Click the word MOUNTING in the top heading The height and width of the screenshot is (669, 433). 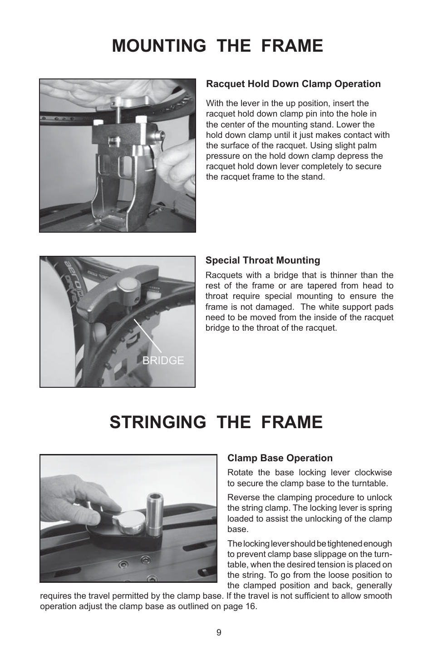(x=159, y=46)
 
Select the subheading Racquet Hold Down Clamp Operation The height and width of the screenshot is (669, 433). (x=293, y=84)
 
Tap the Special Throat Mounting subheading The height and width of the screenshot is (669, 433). (x=263, y=260)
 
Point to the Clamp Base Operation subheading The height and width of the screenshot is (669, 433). (x=280, y=458)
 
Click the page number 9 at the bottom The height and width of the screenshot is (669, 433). (x=219, y=633)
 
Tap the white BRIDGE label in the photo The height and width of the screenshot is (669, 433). (x=163, y=360)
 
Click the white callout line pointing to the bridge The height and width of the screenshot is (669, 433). (x=148, y=336)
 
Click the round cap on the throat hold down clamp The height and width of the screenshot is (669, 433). (x=126, y=286)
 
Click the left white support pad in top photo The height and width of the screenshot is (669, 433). (x=97, y=123)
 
